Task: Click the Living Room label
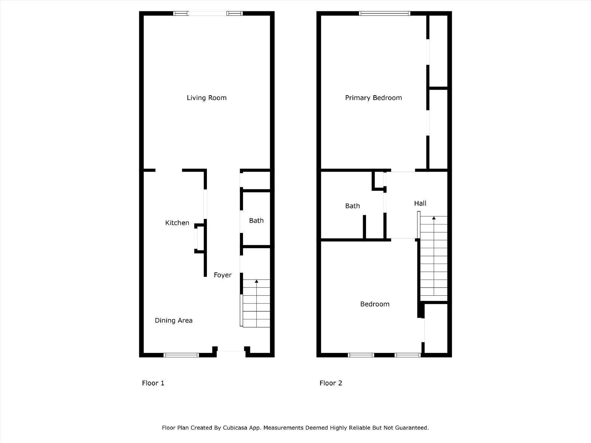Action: pyautogui.click(x=206, y=97)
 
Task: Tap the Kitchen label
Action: pyautogui.click(x=177, y=223)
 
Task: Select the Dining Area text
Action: pyautogui.click(x=174, y=320)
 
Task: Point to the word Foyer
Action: pyautogui.click(x=223, y=275)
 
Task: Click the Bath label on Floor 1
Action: pyautogui.click(x=256, y=220)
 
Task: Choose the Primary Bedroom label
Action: pyautogui.click(x=373, y=97)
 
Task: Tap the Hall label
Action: pyautogui.click(x=420, y=203)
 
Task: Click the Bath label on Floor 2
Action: pyautogui.click(x=352, y=206)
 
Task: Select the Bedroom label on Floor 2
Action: pyautogui.click(x=375, y=304)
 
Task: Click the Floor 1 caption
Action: pyautogui.click(x=153, y=383)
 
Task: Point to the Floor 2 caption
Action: pyautogui.click(x=331, y=383)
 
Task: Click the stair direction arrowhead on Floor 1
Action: pyautogui.click(x=257, y=281)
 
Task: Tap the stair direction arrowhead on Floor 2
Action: pyautogui.click(x=434, y=218)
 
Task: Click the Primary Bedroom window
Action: pyautogui.click(x=385, y=13)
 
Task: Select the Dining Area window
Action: pyautogui.click(x=181, y=355)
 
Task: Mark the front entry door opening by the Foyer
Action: pyautogui.click(x=231, y=351)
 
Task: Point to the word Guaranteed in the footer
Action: pyautogui.click(x=414, y=427)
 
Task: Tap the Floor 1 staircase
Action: pyautogui.click(x=256, y=303)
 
